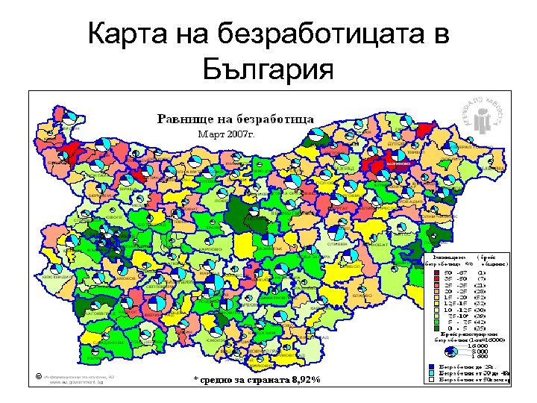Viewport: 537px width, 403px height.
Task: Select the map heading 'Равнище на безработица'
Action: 234,119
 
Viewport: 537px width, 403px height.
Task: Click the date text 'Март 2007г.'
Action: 227,134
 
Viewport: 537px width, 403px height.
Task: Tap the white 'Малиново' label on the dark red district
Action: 396,162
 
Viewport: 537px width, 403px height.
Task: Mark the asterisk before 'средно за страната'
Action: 196,381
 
